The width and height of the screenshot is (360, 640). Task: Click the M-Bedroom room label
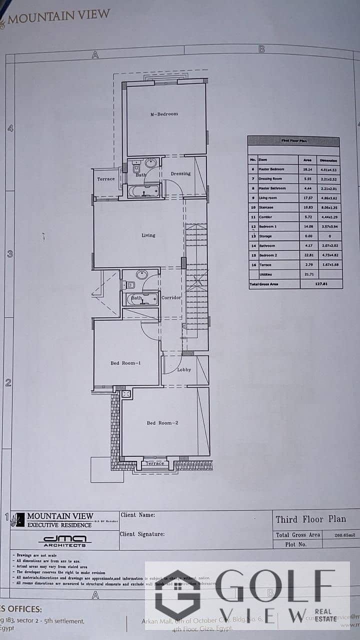coord(164,114)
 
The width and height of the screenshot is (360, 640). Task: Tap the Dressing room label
coord(180,174)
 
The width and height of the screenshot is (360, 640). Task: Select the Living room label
coord(148,235)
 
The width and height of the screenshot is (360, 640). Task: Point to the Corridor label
coord(171,297)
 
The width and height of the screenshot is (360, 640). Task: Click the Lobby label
coord(184,370)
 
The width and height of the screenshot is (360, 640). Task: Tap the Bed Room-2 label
coord(162,423)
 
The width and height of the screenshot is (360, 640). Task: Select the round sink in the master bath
coord(150,163)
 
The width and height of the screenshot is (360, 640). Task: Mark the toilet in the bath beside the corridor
coord(129,285)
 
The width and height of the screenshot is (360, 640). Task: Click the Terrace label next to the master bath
coord(105,179)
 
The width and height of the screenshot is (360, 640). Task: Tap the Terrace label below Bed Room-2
coord(154,463)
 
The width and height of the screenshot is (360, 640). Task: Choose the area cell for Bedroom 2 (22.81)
coord(308,255)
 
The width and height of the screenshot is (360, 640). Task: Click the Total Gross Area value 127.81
coord(320,284)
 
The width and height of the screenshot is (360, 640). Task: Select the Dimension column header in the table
coord(329,160)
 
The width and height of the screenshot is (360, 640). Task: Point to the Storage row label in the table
coord(265,236)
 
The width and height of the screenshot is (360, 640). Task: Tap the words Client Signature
coord(142,534)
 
